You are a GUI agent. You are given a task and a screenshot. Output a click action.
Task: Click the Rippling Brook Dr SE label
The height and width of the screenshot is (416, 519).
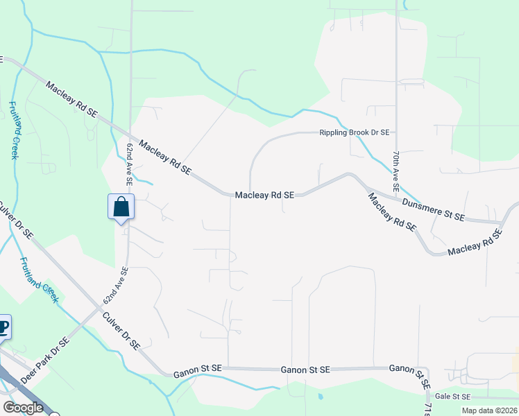point(354,132)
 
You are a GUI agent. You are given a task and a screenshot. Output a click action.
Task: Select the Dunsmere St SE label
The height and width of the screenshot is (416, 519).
point(433,209)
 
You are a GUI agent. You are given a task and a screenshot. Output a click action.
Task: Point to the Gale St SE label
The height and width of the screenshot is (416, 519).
point(452,397)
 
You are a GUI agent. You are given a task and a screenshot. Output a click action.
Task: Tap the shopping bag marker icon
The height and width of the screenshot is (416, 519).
point(121,207)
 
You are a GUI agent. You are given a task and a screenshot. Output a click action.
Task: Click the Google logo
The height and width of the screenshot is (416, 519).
point(23,408)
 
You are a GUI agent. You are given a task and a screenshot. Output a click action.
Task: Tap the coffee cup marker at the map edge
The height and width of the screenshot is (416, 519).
point(3,327)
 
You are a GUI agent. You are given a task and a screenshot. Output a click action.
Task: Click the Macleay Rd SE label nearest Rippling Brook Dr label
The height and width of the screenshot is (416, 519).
point(264,196)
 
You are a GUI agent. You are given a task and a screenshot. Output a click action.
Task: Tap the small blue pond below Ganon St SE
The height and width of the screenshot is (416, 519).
point(320,397)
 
